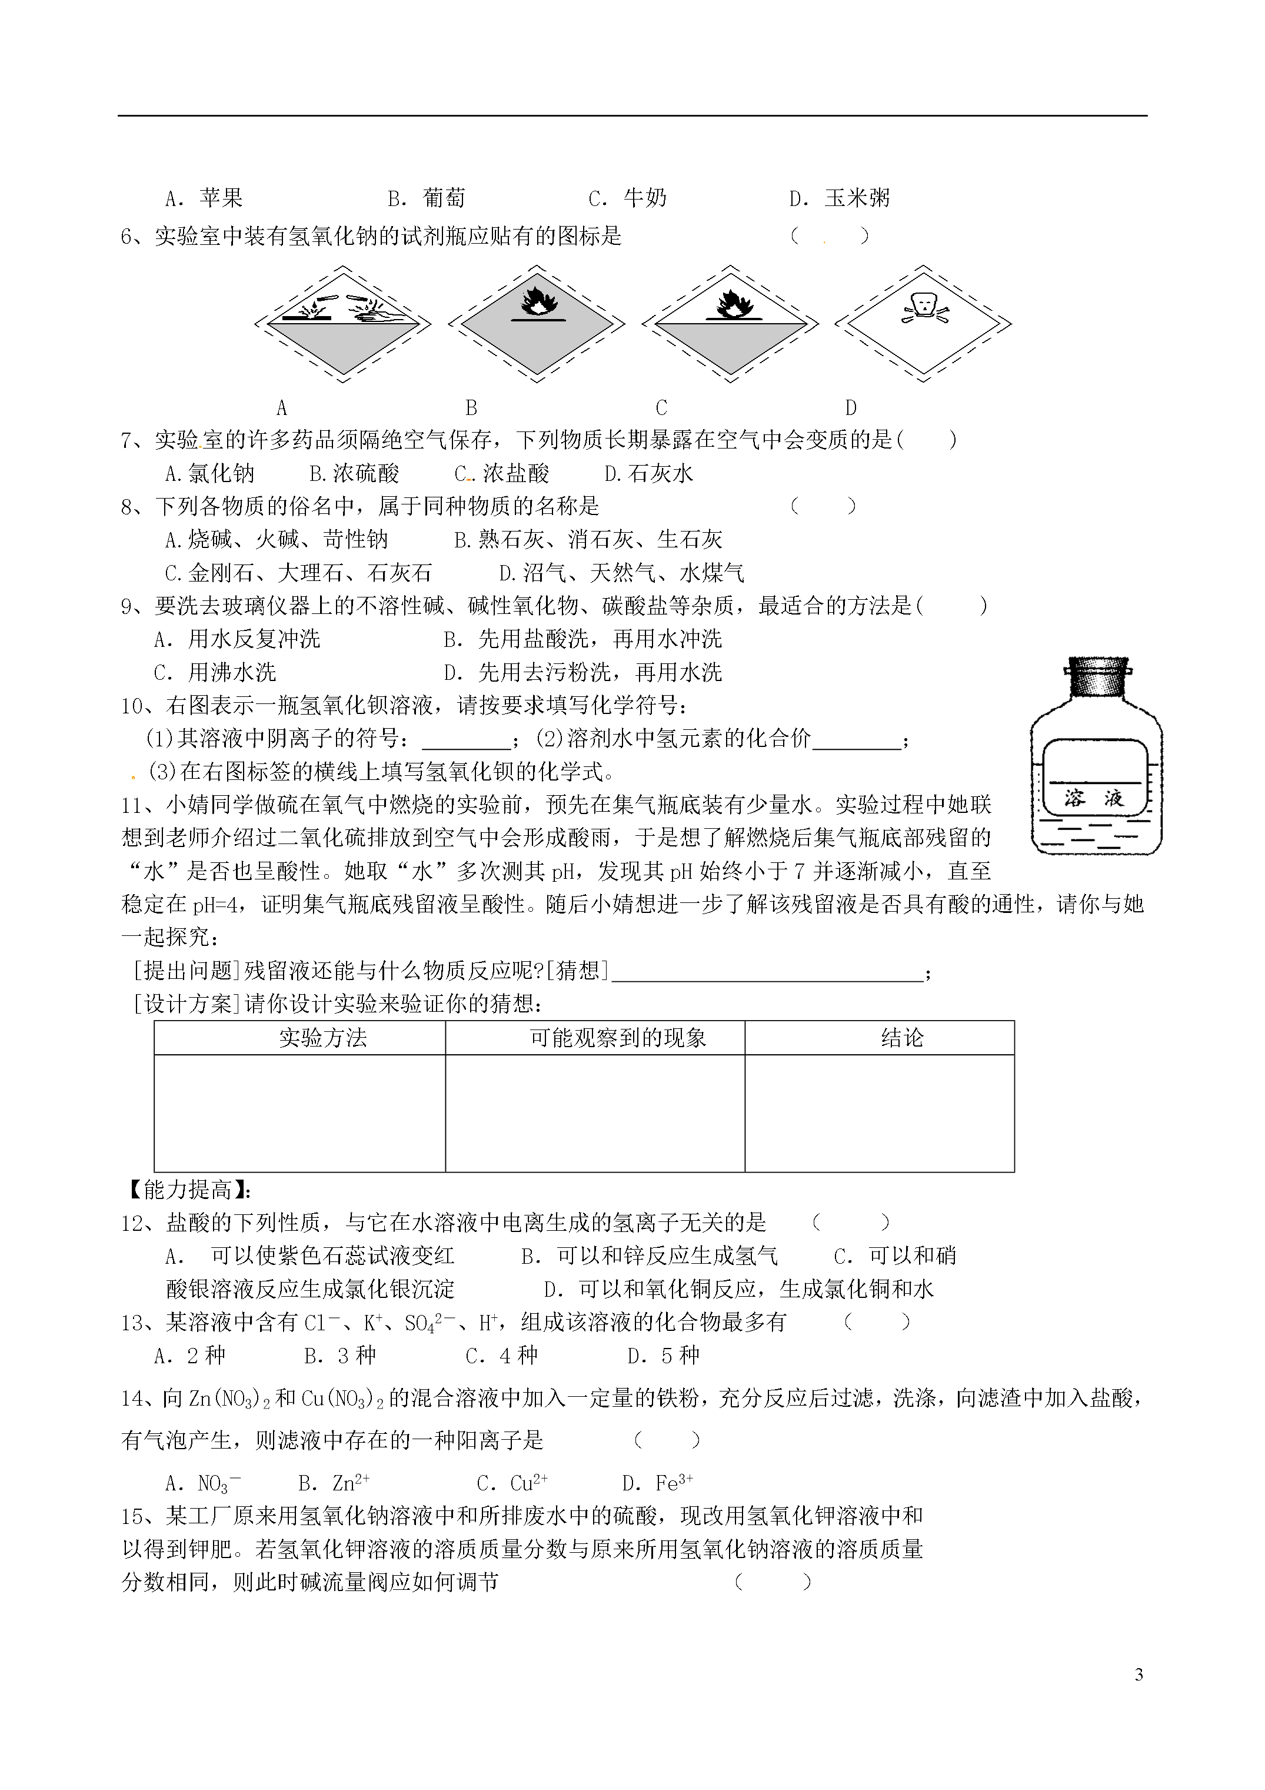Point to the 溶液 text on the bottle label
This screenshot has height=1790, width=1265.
(1094, 798)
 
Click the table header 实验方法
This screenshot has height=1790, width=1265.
(322, 1038)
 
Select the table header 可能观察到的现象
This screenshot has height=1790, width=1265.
(617, 1038)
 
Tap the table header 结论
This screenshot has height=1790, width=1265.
(902, 1038)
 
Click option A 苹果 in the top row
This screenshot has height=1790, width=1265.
(204, 198)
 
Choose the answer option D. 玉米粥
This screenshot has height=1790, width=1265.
(840, 198)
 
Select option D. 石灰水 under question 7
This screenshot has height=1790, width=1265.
(648, 473)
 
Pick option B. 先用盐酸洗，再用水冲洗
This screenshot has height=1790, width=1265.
(582, 639)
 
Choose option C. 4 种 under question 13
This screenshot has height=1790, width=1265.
(501, 1356)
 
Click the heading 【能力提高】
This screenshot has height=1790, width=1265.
(187, 1190)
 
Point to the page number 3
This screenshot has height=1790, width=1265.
(1138, 1675)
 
